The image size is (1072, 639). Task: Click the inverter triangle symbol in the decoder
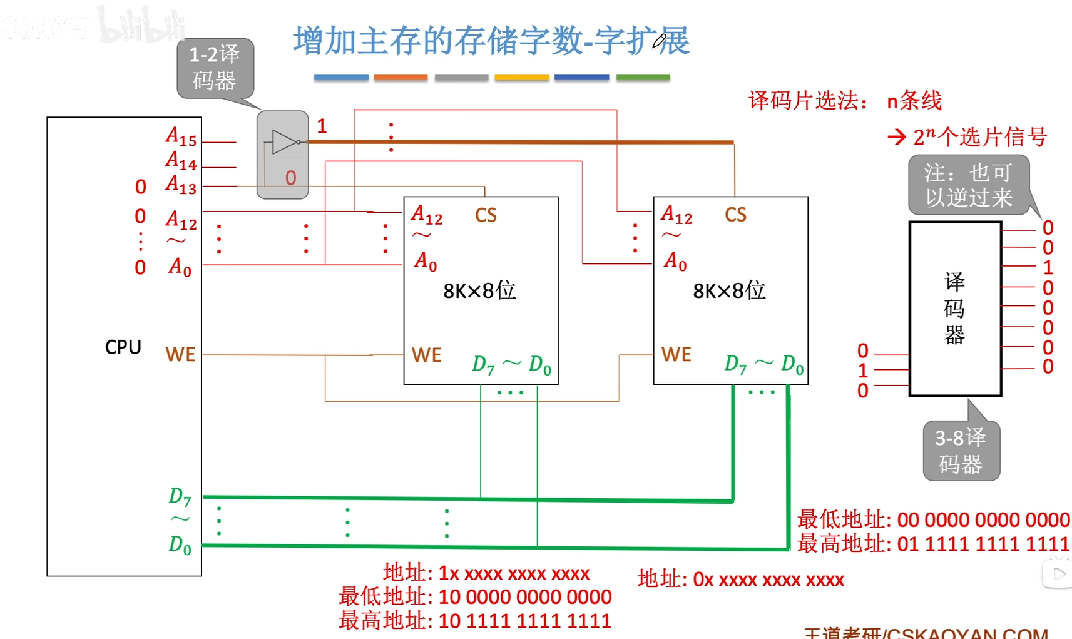click(x=283, y=142)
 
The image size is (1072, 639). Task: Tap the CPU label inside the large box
click(x=123, y=347)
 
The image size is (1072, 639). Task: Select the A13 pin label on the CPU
click(x=181, y=185)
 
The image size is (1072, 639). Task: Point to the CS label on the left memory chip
click(x=486, y=215)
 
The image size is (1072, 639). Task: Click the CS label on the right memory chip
click(x=735, y=215)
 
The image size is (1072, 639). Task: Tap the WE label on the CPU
click(x=180, y=355)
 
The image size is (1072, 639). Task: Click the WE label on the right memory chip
click(x=676, y=355)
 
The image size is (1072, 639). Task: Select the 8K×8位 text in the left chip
click(x=479, y=290)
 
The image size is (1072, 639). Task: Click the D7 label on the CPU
click(x=180, y=496)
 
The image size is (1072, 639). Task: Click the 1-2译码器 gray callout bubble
click(x=215, y=68)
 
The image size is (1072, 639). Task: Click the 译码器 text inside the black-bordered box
click(x=954, y=308)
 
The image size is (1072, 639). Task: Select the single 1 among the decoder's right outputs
click(x=1048, y=267)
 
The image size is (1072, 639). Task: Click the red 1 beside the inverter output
click(x=322, y=126)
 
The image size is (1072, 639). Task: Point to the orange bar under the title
click(x=401, y=78)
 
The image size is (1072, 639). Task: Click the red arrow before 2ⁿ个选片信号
click(x=896, y=137)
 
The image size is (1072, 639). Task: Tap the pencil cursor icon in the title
click(x=660, y=41)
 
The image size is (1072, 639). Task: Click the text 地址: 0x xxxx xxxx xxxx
click(x=740, y=580)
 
